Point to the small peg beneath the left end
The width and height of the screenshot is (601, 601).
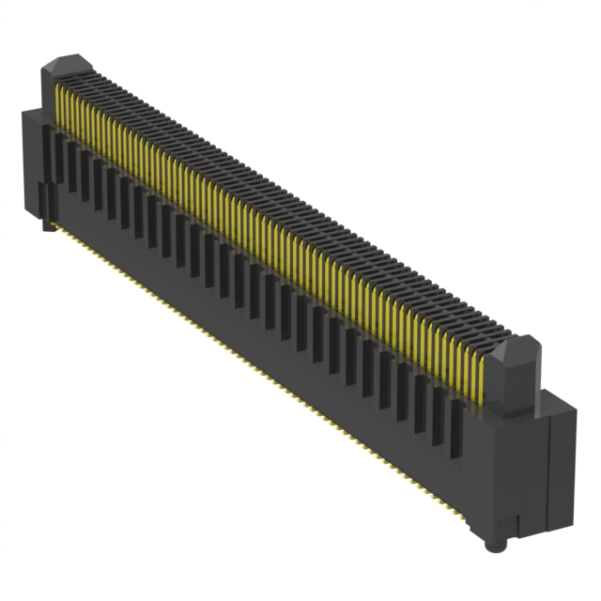point(44,225)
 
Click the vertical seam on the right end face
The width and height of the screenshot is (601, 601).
point(547,470)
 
